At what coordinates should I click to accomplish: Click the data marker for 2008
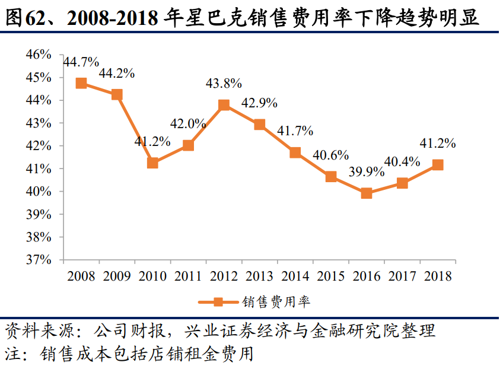tap(82, 83)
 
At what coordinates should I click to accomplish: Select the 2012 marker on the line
tap(224, 105)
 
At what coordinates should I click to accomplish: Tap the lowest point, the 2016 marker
tap(366, 193)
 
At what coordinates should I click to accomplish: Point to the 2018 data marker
tap(438, 165)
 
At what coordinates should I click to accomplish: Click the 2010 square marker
tap(152, 163)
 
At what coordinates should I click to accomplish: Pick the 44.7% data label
tap(81, 62)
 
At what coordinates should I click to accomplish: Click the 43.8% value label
tap(224, 84)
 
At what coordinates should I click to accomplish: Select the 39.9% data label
tap(371, 171)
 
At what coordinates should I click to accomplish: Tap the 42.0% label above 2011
tap(188, 124)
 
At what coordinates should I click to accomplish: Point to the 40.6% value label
tap(330, 155)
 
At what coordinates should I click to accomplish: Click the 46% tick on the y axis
tap(40, 55)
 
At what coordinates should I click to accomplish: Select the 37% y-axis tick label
tap(40, 260)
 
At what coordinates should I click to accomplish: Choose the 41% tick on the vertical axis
tap(40, 169)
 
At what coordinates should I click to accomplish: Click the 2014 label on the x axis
tap(295, 277)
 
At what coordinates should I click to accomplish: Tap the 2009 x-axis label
tap(117, 277)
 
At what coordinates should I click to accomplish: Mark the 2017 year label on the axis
tap(402, 277)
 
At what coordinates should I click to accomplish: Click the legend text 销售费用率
tap(276, 302)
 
